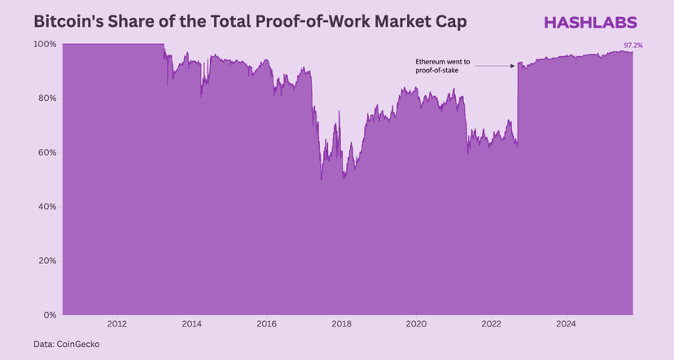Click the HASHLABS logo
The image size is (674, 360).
(x=590, y=22)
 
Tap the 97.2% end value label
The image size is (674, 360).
(x=633, y=46)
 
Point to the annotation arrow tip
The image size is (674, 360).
(x=514, y=66)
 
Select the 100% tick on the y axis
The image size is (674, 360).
(x=46, y=44)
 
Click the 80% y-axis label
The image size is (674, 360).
(x=47, y=98)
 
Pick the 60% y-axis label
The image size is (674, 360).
(x=47, y=152)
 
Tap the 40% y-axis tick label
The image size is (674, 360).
(x=47, y=206)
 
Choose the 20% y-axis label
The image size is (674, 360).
(x=47, y=261)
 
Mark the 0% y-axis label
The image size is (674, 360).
(x=50, y=314)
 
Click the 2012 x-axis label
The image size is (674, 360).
(x=116, y=323)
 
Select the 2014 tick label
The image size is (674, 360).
(x=191, y=323)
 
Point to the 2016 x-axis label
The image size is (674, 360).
(x=266, y=323)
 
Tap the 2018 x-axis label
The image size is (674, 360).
(x=341, y=323)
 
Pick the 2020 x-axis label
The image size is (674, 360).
(x=416, y=323)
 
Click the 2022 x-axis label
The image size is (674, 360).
(x=492, y=323)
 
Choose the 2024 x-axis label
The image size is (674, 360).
(x=567, y=323)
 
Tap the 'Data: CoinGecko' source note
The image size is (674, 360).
(x=66, y=345)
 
